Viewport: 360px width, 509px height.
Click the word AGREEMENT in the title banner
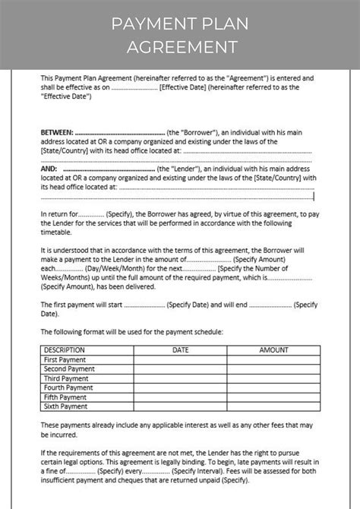[x=180, y=47]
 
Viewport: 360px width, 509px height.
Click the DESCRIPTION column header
[x=65, y=350]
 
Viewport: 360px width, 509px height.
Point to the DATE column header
[x=180, y=350]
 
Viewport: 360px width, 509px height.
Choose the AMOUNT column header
[x=273, y=350]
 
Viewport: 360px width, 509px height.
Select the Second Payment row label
[x=69, y=368]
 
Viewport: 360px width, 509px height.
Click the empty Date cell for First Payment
[x=180, y=359]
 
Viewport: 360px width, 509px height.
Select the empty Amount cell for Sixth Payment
[x=273, y=406]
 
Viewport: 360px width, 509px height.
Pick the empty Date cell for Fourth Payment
[x=180, y=387]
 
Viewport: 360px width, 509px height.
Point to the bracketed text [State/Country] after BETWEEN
[x=63, y=150]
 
